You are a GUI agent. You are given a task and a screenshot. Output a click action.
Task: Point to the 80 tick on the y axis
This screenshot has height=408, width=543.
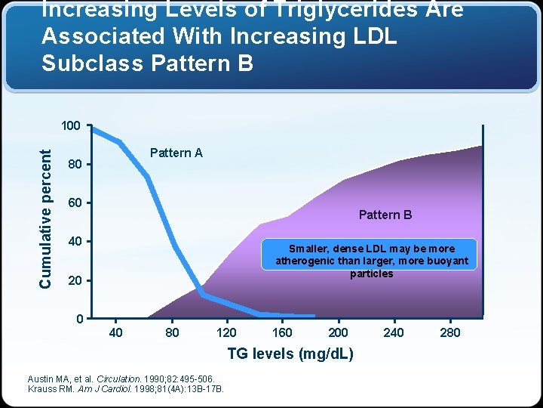point(74,164)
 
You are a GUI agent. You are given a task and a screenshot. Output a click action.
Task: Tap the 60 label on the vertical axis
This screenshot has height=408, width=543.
point(74,203)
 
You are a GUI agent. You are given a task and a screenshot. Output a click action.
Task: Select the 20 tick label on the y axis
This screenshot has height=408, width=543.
point(74,281)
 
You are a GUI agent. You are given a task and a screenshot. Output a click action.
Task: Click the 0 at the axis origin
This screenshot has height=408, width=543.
point(79,319)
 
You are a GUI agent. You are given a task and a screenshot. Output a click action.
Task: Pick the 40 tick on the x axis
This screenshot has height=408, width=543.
point(116,332)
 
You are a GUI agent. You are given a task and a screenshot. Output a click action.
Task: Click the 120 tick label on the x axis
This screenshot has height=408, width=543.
point(226,332)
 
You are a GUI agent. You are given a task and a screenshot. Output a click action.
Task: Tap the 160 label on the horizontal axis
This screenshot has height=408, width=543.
point(282,332)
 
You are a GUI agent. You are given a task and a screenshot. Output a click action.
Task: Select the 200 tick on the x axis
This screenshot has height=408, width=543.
point(338,332)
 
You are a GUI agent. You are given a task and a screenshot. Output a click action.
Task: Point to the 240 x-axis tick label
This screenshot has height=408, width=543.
point(394,332)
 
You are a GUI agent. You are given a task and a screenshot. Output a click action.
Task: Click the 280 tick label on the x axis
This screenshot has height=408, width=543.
point(449,332)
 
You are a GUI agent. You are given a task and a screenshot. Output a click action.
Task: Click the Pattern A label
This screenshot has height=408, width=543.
point(176,153)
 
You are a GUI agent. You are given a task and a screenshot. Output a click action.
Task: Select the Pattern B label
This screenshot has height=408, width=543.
point(385,215)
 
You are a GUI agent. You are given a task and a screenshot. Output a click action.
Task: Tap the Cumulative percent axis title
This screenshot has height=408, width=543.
point(46,218)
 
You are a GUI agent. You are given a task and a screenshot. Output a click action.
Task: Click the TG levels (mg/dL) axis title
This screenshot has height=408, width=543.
point(290,354)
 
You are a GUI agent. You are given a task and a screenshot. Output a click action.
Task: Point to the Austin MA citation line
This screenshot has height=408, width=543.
point(121,379)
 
